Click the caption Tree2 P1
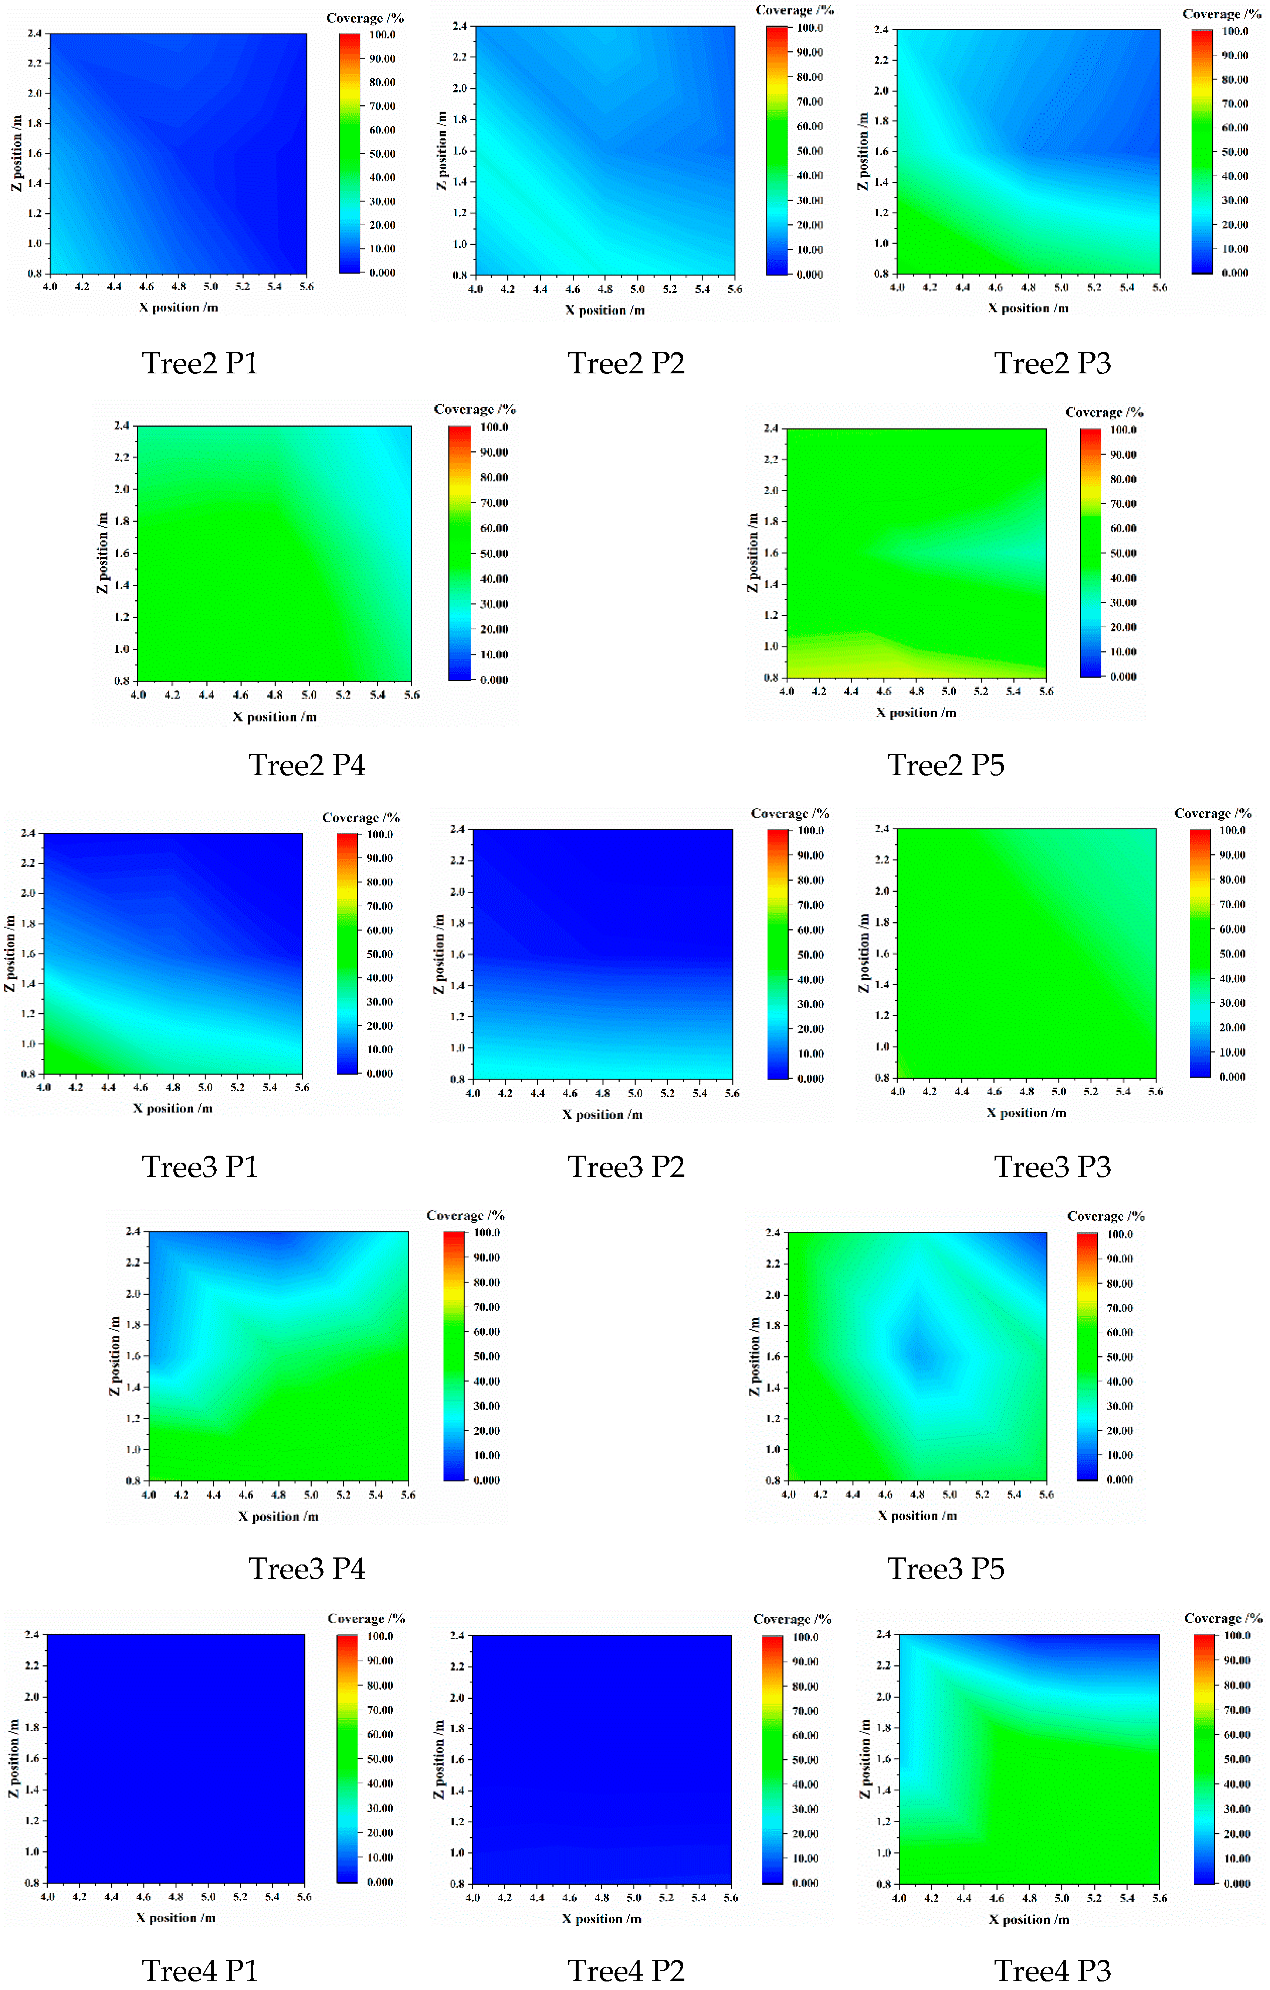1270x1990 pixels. pyautogui.click(x=200, y=363)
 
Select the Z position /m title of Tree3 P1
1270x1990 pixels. pyautogui.click(x=10, y=953)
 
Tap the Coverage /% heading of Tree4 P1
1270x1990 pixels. pyautogui.click(x=366, y=1618)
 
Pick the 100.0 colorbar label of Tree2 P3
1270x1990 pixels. pyautogui.click(x=1235, y=31)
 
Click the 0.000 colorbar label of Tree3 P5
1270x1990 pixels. pyautogui.click(x=1120, y=1479)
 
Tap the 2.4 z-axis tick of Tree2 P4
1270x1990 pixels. pyautogui.click(x=122, y=426)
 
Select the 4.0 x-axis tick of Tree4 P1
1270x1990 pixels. pyautogui.click(x=47, y=1896)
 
